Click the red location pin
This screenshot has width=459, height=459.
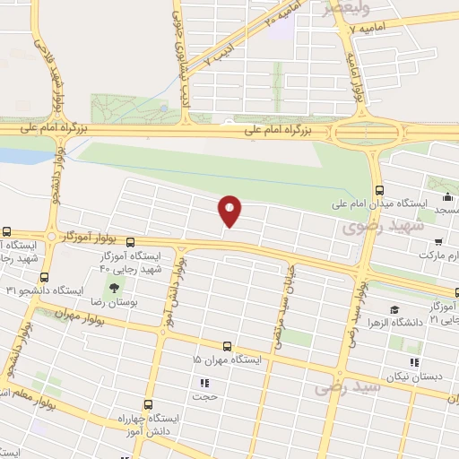(x=230, y=211)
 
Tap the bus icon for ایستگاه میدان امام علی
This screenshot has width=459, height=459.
(x=379, y=190)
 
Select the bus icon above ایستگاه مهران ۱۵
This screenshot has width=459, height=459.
(x=226, y=345)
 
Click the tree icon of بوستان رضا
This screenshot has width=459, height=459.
(x=115, y=286)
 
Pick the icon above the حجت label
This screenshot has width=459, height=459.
(x=203, y=382)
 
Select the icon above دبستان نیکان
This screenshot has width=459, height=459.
(x=413, y=363)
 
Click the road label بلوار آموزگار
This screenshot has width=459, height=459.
(x=91, y=237)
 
